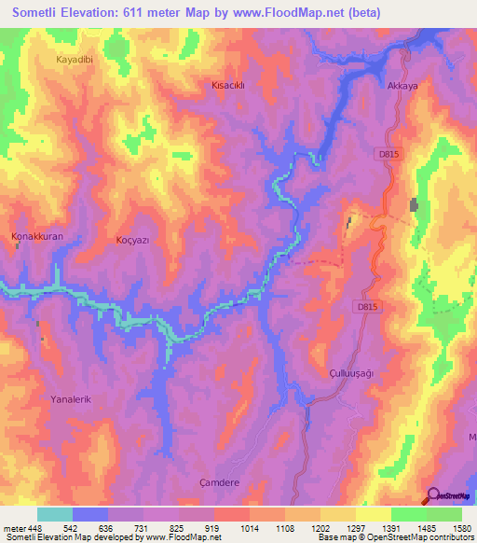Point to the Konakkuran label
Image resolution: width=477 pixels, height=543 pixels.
(x=37, y=237)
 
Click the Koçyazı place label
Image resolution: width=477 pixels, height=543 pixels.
(x=132, y=240)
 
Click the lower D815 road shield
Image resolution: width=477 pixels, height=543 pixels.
(x=368, y=305)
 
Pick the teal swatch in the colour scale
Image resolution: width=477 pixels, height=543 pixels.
(x=54, y=514)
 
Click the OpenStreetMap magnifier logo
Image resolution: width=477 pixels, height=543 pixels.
(x=432, y=496)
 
